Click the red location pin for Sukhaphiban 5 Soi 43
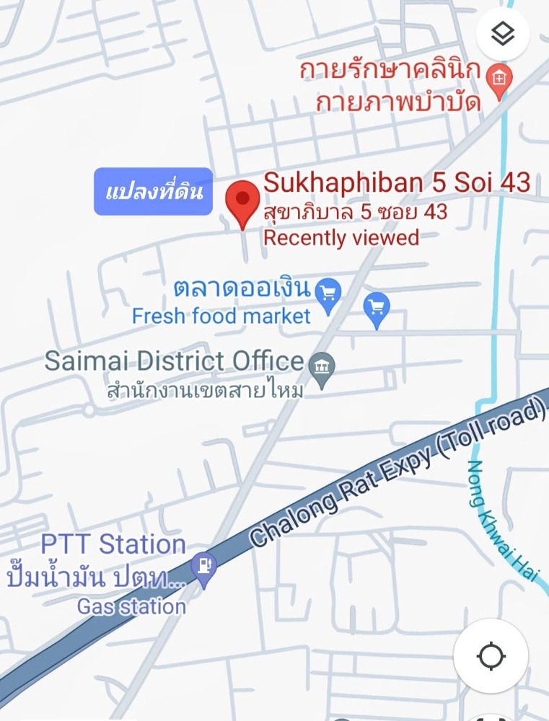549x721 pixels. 243,199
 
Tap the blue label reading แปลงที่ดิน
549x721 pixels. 154,192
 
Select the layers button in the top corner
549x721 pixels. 502,34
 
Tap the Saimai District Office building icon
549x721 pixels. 322,367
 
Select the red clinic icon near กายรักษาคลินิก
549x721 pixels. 499,76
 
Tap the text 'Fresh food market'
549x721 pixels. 221,316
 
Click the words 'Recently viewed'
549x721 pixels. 341,237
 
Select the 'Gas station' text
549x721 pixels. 131,606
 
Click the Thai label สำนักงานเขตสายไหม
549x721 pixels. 205,392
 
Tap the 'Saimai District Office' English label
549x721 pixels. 174,360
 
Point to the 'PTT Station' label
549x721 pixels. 113,544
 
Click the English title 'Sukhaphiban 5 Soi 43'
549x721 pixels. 397,182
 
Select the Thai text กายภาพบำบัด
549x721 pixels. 398,102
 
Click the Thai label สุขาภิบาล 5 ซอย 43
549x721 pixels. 355,212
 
